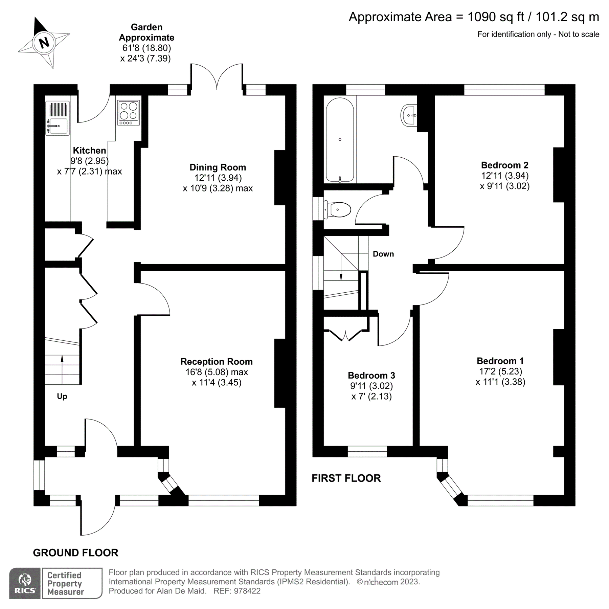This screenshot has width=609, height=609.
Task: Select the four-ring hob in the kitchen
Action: coord(129,112)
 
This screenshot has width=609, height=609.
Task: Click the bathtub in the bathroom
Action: coord(340,140)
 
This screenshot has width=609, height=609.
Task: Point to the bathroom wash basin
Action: coord(409,115)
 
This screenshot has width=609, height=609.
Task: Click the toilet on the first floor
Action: coord(338,210)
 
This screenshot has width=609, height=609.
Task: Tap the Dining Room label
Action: coord(218,167)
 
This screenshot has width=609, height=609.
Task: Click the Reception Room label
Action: coord(217,361)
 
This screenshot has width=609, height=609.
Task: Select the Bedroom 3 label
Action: coord(371,375)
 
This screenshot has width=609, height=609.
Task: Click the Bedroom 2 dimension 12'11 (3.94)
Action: coord(504,176)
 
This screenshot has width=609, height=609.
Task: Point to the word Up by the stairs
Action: coord(62,396)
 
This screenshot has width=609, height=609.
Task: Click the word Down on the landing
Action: coord(383,254)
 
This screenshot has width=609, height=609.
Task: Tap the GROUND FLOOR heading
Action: coord(75,552)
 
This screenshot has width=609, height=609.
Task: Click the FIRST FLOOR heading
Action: coord(346,478)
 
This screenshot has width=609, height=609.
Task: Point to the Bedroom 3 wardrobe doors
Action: coord(345,335)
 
